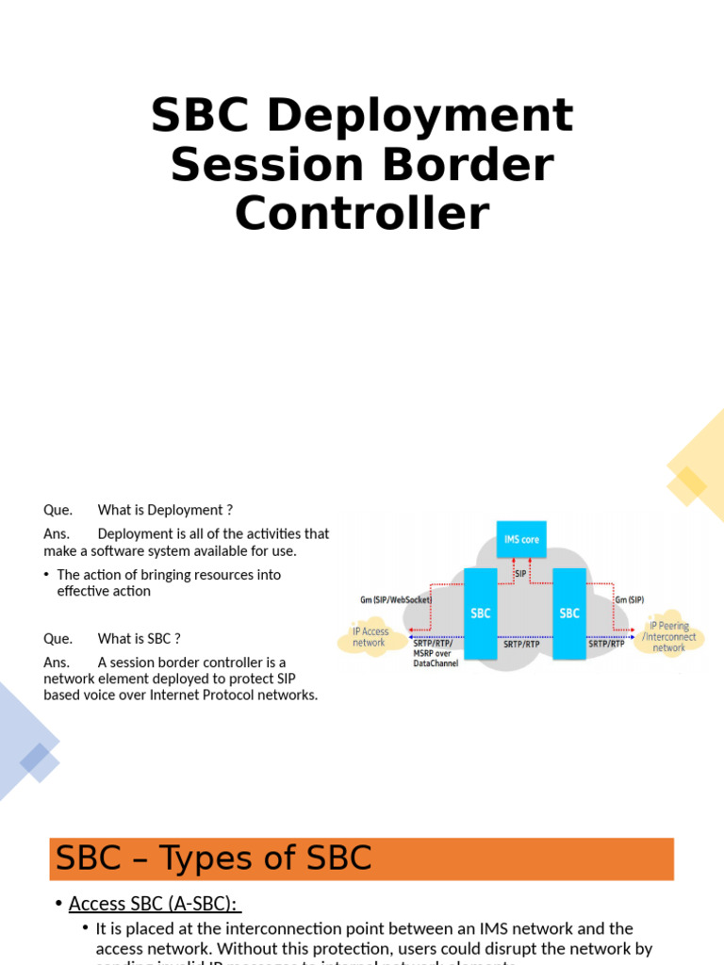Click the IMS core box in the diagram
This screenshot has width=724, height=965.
pyautogui.click(x=521, y=539)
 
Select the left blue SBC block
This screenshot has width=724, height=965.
pyautogui.click(x=480, y=613)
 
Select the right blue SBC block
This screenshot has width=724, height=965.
pyautogui.click(x=569, y=613)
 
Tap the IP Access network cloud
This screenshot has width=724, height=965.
pyautogui.click(x=370, y=637)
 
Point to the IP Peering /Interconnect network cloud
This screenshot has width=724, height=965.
pyautogui.click(x=669, y=637)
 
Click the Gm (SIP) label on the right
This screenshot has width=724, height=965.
pyautogui.click(x=630, y=599)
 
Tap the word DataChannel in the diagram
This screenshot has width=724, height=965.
pyautogui.click(x=436, y=664)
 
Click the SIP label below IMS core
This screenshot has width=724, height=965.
pyautogui.click(x=520, y=573)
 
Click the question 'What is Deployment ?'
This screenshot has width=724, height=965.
pyautogui.click(x=165, y=510)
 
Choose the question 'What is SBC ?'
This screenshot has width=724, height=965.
pyautogui.click(x=139, y=638)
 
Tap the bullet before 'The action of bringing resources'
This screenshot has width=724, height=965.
pyautogui.click(x=46, y=575)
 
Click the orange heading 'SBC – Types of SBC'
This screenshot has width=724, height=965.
pyautogui.click(x=214, y=859)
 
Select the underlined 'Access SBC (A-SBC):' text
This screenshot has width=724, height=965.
pyautogui.click(x=155, y=904)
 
